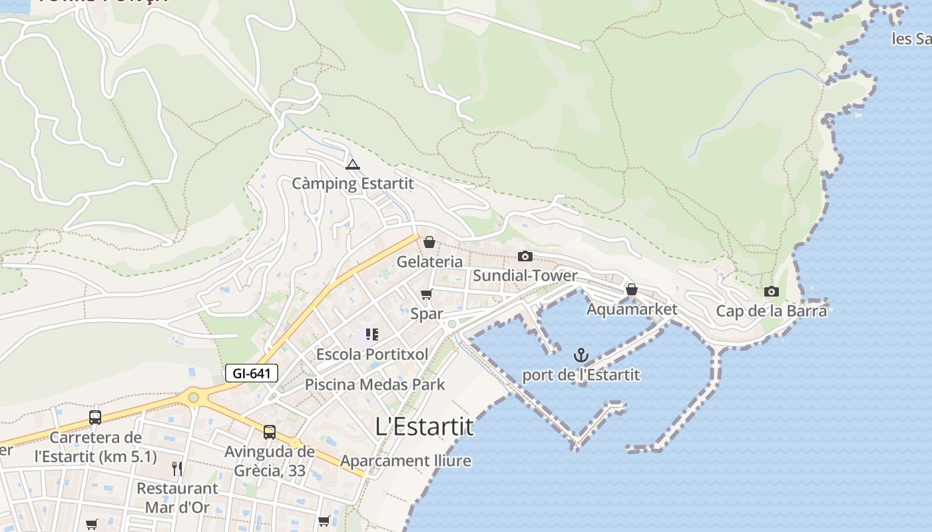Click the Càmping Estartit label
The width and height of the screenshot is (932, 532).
tap(353, 184)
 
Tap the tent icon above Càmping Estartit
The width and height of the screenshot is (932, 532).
tap(353, 164)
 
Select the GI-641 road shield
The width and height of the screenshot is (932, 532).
tap(251, 373)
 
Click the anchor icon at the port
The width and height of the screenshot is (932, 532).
tap(581, 355)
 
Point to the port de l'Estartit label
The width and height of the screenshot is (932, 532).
tap(581, 375)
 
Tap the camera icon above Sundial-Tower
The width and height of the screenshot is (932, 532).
tap(525, 256)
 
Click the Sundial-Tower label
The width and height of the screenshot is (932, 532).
tap(525, 275)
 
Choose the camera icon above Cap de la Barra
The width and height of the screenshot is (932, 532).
tap(772, 291)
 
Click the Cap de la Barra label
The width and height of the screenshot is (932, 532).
tap(772, 311)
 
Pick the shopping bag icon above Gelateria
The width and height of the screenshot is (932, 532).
tap(429, 242)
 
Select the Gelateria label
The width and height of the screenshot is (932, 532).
tap(429, 261)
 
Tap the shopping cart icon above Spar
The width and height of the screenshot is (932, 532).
tap(427, 294)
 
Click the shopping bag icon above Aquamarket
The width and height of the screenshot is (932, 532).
tap(632, 289)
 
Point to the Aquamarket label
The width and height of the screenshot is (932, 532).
tap(632, 309)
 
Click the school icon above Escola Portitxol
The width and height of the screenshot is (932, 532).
tap(372, 334)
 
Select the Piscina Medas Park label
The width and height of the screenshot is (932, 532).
tap(375, 384)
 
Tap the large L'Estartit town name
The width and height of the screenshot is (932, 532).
tap(425, 426)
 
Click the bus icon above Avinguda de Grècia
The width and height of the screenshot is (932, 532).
tap(270, 432)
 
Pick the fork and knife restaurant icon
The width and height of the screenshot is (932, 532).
tap(177, 468)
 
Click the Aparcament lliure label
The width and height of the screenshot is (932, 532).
tap(405, 461)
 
